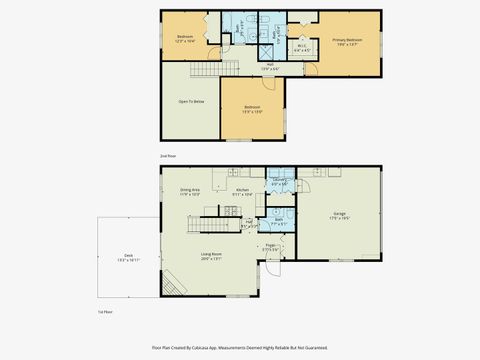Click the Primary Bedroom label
point(346,42)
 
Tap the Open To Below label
point(192,101)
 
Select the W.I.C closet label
point(302,46)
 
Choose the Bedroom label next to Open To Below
point(252,108)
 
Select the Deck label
point(129,256)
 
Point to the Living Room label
point(211,256)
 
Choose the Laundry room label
point(279,182)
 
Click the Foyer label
point(271,246)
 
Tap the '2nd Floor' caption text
point(167,155)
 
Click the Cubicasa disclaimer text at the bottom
point(240,347)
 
